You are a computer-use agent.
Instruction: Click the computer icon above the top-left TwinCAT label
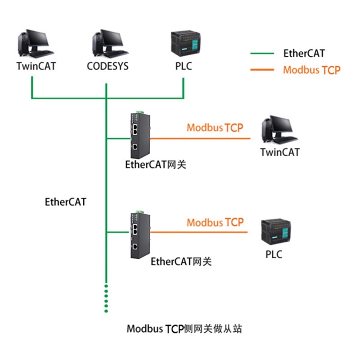click(x=33, y=43)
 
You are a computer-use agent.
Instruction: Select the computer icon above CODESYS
click(x=108, y=43)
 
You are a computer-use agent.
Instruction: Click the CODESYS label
click(x=108, y=66)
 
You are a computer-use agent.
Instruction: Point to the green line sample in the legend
click(x=262, y=54)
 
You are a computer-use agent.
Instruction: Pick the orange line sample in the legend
click(x=262, y=70)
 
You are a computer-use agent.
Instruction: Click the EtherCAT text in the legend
click(x=304, y=54)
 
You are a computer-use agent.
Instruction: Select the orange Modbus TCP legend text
click(x=311, y=70)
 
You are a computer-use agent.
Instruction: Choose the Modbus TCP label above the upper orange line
click(x=215, y=127)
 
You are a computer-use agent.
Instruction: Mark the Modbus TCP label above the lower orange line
click(x=215, y=222)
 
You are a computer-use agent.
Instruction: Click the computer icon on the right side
click(x=279, y=129)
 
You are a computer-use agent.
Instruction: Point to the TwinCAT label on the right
click(x=280, y=152)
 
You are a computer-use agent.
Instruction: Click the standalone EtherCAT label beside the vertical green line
click(x=66, y=202)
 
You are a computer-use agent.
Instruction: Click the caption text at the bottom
click(x=184, y=329)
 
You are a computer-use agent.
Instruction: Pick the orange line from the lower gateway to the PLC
click(x=198, y=232)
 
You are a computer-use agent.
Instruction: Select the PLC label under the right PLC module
click(x=274, y=255)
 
